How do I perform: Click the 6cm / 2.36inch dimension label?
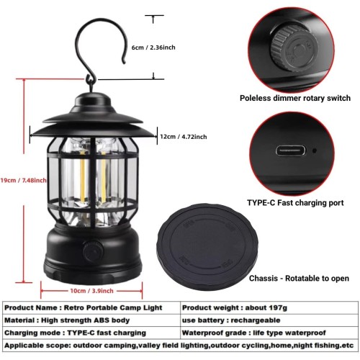pyautogui.click(x=153, y=48)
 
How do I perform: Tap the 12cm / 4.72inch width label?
pyautogui.click(x=184, y=137)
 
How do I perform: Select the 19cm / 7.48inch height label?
pyautogui.click(x=23, y=180)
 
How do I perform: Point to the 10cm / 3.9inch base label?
pyautogui.click(x=91, y=291)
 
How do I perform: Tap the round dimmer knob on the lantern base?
pyautogui.click(x=93, y=252)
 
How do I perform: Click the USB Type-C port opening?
pyautogui.click(x=291, y=151)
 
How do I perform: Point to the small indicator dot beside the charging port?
pyautogui.click(x=315, y=150)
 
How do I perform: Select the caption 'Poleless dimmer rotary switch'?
pyautogui.click(x=295, y=98)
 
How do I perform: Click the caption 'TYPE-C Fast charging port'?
pyautogui.click(x=295, y=203)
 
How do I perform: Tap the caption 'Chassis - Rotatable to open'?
pyautogui.click(x=299, y=279)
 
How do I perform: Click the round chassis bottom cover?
pyautogui.click(x=207, y=247)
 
